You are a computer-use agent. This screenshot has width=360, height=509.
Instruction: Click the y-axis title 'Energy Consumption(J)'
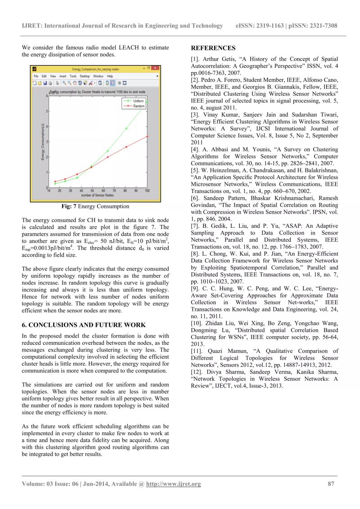(x=43, y=142)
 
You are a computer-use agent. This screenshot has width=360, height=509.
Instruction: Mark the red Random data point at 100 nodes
(x=148, y=136)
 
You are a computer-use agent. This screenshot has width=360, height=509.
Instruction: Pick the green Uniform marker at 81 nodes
(x=126, y=129)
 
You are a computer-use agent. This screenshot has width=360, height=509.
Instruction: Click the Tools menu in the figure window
(x=72, y=77)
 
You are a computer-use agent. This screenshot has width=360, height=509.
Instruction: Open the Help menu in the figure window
(x=110, y=77)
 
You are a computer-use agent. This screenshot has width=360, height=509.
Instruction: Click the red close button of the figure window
(x=155, y=68)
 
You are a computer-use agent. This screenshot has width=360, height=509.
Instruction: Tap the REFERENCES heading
(x=213, y=48)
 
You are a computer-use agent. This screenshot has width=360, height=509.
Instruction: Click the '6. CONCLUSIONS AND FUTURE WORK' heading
(x=84, y=324)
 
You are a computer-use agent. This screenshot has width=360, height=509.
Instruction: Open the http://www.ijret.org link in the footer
(x=176, y=484)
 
